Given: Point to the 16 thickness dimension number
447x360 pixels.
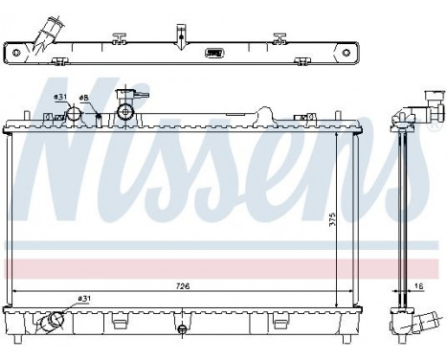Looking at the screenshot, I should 422,285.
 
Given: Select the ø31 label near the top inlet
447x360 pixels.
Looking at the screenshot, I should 60,97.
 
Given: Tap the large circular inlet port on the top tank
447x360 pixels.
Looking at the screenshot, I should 74,115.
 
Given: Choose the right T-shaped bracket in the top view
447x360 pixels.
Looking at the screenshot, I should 279,39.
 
